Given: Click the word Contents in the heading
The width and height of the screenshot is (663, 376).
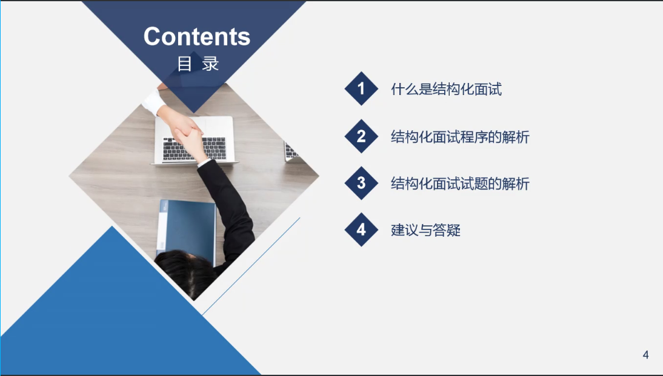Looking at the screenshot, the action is tap(196, 36).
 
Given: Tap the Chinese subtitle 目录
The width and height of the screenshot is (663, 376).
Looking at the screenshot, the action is tap(198, 64).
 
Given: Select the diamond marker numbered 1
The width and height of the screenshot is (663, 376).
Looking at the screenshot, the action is tap(361, 89).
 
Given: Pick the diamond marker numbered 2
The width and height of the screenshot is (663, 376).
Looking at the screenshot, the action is tap(361, 136).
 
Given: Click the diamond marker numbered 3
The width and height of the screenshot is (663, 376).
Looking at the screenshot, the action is tap(361, 183).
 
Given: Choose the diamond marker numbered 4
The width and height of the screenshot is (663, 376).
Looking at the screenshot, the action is tap(361, 229).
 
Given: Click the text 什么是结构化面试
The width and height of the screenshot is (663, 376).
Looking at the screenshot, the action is tap(446, 89).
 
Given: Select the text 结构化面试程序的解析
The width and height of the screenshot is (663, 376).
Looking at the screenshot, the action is tap(460, 137).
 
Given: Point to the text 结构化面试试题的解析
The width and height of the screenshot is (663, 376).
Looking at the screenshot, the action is tap(460, 184).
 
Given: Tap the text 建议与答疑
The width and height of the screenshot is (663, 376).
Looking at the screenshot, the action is tap(425, 230).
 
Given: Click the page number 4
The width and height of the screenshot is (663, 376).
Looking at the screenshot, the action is tap(645, 355).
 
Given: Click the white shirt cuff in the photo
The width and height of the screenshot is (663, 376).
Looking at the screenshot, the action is tap(153, 102).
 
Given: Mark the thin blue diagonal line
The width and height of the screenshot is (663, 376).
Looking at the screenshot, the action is tap(251, 266).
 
